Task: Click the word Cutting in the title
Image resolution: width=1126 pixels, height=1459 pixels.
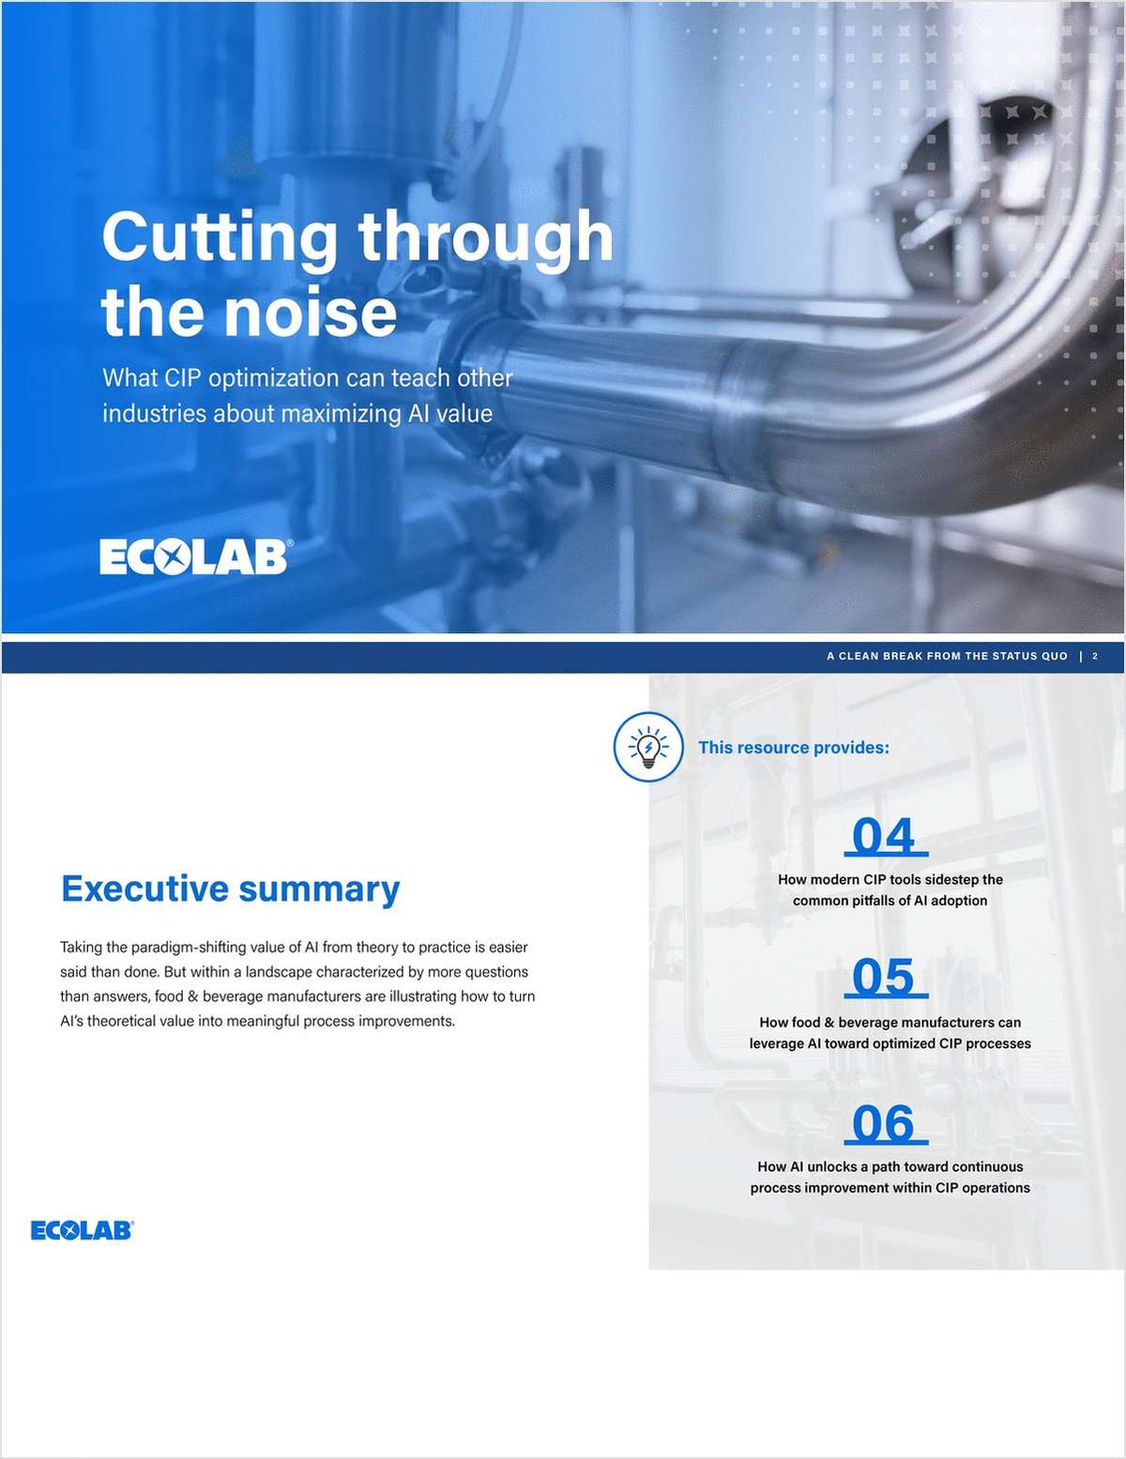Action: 220,237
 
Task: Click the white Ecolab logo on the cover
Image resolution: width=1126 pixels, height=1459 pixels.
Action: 193,557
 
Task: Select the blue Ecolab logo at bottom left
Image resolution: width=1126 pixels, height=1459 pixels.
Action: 83,1230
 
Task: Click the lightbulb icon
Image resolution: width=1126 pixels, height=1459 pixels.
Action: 648,747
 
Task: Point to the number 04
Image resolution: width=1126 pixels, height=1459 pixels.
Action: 884,836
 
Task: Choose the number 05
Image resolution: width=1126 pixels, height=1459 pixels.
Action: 884,978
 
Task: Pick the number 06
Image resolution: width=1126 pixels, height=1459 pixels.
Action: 884,1124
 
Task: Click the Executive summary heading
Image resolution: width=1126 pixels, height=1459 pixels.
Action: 230,888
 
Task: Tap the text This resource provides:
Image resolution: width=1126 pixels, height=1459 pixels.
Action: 793,748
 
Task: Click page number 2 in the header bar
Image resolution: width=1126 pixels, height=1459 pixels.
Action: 1095,657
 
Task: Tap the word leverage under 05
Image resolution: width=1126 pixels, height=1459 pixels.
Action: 776,1043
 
